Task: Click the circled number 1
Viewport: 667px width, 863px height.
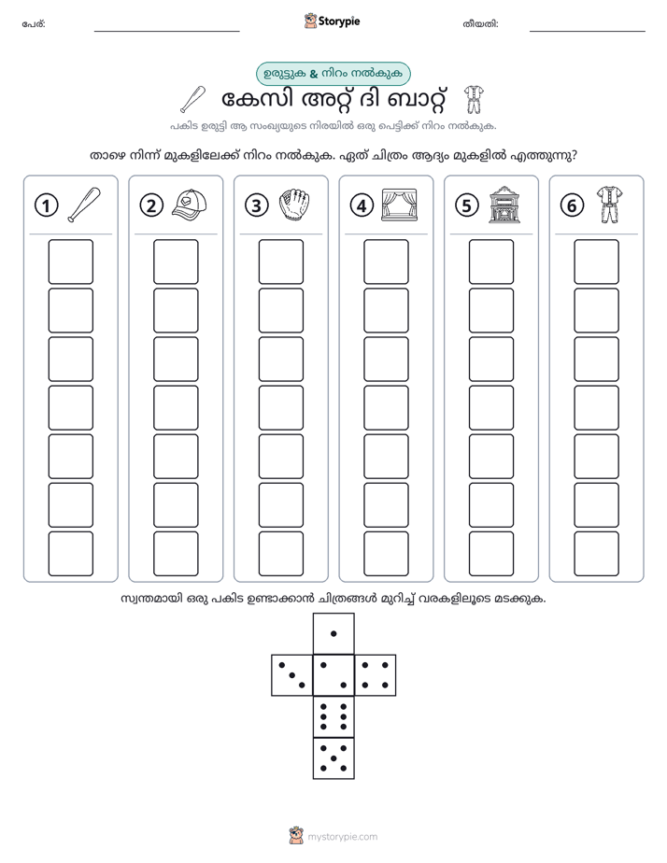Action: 46,205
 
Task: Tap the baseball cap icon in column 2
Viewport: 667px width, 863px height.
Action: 189,205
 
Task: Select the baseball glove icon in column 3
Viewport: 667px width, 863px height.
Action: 294,205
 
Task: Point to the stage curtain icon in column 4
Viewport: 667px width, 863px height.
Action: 400,205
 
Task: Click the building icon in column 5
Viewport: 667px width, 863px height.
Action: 504,205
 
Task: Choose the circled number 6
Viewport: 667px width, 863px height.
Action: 572,205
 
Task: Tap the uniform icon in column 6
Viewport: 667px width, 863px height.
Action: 609,205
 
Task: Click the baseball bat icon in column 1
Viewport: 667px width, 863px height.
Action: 84,205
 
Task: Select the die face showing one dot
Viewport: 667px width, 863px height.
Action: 333,633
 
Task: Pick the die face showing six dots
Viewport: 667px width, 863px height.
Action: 333,716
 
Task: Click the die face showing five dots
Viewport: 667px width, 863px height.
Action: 333,757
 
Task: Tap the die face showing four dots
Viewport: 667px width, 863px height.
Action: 376,674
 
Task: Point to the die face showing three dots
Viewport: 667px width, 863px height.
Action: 292,674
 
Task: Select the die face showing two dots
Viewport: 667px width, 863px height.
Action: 333,674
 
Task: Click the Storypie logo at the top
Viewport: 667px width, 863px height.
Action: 332,21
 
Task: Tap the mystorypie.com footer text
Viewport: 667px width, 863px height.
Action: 342,837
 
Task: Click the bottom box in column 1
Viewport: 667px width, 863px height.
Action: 70,554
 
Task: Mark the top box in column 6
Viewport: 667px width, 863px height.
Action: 597,262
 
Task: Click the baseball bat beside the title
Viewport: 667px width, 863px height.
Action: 193,100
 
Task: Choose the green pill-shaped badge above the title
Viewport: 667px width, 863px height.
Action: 333,74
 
